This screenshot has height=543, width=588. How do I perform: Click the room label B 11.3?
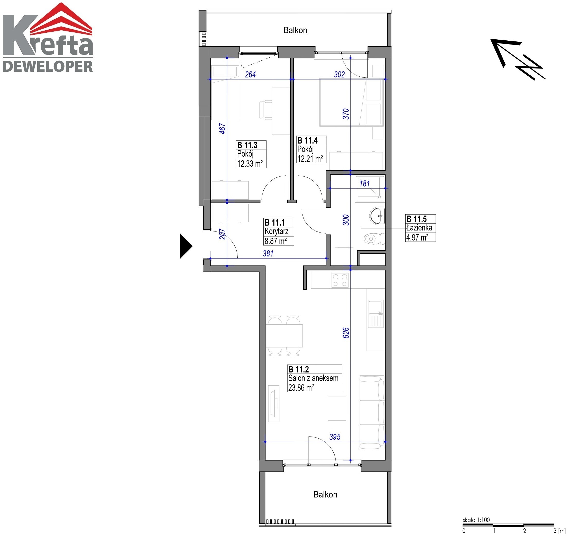247,145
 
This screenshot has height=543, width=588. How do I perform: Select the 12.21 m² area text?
310,159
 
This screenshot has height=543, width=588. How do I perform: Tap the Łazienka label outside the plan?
419,228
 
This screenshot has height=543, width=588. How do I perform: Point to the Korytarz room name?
277,231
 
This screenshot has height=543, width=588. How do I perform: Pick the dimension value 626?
346,333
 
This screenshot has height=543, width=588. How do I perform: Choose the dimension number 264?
250,75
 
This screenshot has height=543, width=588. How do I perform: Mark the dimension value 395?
335,437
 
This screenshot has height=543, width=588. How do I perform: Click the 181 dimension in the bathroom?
364,184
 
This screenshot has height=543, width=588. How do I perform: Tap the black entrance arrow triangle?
186,246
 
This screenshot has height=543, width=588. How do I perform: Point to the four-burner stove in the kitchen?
340,280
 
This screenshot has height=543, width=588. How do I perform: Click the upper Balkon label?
295,30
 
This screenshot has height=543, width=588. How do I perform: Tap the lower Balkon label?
325,495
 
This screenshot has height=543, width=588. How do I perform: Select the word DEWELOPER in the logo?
48,66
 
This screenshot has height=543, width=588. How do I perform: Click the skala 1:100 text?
476,520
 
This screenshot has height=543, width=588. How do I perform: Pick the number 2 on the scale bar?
524,531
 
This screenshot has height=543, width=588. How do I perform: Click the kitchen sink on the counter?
376,314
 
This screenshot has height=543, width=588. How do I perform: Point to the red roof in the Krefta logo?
61,19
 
